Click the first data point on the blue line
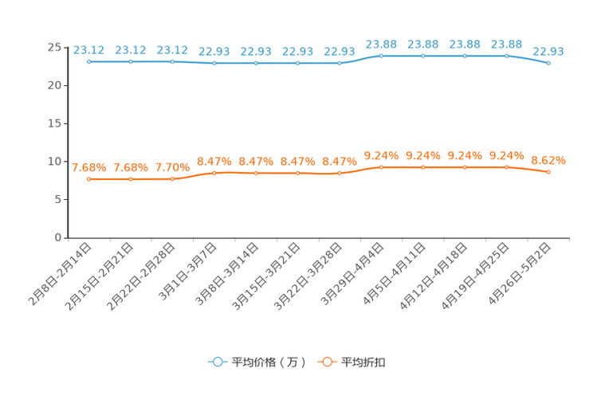pos(88,61)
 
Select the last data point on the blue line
pos(548,64)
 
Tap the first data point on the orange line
pos(88,179)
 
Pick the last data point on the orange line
pos(548,172)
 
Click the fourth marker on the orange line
pos(214,173)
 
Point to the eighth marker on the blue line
pos(381,56)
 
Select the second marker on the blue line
pos(130,61)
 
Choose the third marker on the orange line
pos(172,179)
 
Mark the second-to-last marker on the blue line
pos(506,56)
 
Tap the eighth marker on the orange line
pos(381,167)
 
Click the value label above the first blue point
pos(88,49)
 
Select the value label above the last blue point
pos(548,52)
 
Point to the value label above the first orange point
pos(88,167)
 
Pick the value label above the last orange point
pos(548,160)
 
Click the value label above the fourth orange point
pos(214,161)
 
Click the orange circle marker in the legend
pos(326,362)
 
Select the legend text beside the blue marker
pos(268,362)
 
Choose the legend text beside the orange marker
pos(364,362)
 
